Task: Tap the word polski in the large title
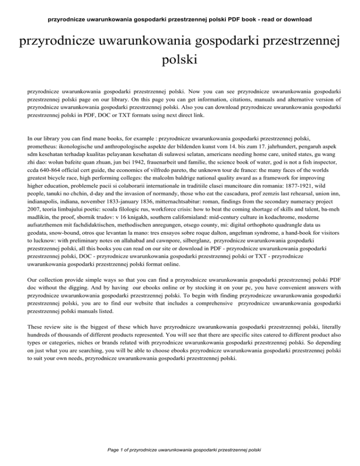click(180, 60)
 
